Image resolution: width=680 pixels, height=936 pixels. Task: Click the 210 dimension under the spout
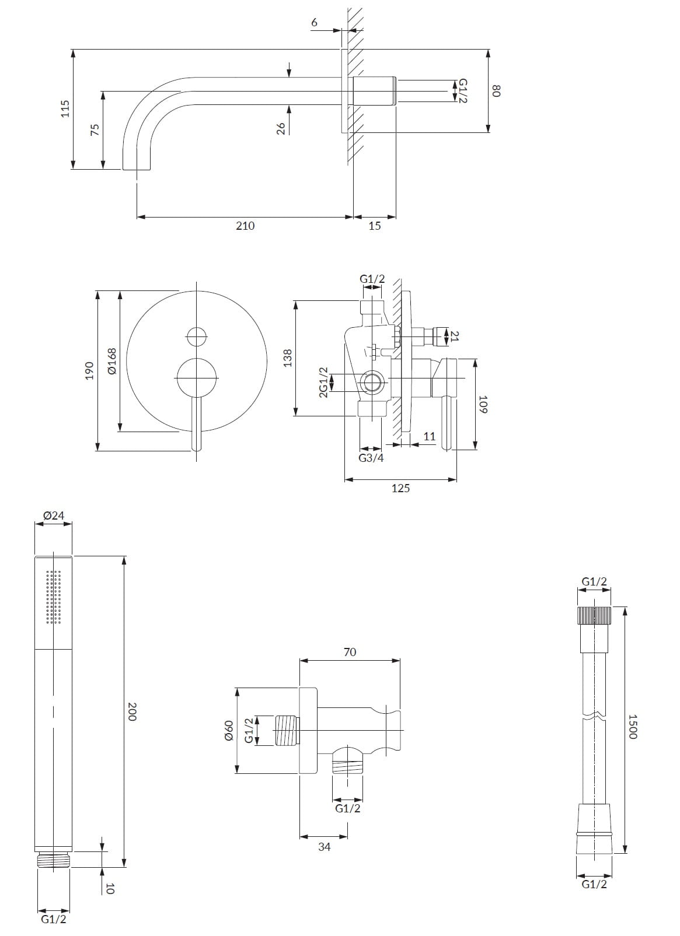(245, 226)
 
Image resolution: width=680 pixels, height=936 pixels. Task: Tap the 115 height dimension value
(65, 109)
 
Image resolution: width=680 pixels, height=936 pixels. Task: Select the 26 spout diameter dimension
(281, 128)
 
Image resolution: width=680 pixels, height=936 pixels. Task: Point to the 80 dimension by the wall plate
(497, 91)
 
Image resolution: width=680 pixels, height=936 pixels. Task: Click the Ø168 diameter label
(111, 361)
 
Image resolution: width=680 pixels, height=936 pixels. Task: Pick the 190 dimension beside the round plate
(89, 370)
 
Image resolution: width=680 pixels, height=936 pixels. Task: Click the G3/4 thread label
(371, 458)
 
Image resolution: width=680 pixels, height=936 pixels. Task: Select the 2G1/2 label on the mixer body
(323, 383)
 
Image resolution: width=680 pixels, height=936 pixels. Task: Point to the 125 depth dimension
(400, 489)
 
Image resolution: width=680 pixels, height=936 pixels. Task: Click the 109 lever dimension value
(483, 404)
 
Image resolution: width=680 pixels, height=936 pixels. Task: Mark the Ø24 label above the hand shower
(54, 516)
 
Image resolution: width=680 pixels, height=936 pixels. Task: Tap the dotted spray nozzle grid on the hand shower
(54, 597)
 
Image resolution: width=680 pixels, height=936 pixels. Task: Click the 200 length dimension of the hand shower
(132, 711)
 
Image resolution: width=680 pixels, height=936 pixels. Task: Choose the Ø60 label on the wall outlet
(228, 730)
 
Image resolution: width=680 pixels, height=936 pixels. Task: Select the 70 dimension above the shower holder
(350, 652)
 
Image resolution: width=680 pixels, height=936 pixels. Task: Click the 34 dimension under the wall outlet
(325, 847)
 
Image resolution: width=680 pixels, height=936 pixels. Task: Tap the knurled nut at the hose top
(594, 616)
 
